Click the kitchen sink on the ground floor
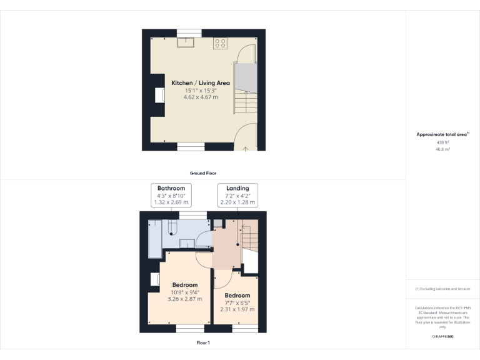pyautogui.click(x=187, y=42)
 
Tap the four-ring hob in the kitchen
pyautogui.click(x=220, y=43)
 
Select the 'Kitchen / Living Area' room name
pyautogui.click(x=201, y=82)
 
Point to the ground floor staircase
pyautogui.click(x=245, y=87)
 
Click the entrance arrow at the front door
pyautogui.click(x=246, y=149)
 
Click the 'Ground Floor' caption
pyautogui.click(x=203, y=173)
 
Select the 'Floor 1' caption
pyautogui.click(x=202, y=342)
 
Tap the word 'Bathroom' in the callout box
pyautogui.click(x=171, y=188)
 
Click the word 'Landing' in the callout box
pyautogui.click(x=237, y=188)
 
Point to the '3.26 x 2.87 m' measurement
pyautogui.click(x=185, y=299)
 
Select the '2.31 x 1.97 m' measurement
pyautogui.click(x=237, y=309)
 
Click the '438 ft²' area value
pyautogui.click(x=442, y=142)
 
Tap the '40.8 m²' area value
pyautogui.click(x=442, y=149)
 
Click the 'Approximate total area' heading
pyautogui.click(x=442, y=134)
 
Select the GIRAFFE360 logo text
pyautogui.click(x=442, y=337)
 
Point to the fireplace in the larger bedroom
pyautogui.click(x=154, y=279)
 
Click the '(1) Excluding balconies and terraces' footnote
pyautogui.click(x=442, y=289)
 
